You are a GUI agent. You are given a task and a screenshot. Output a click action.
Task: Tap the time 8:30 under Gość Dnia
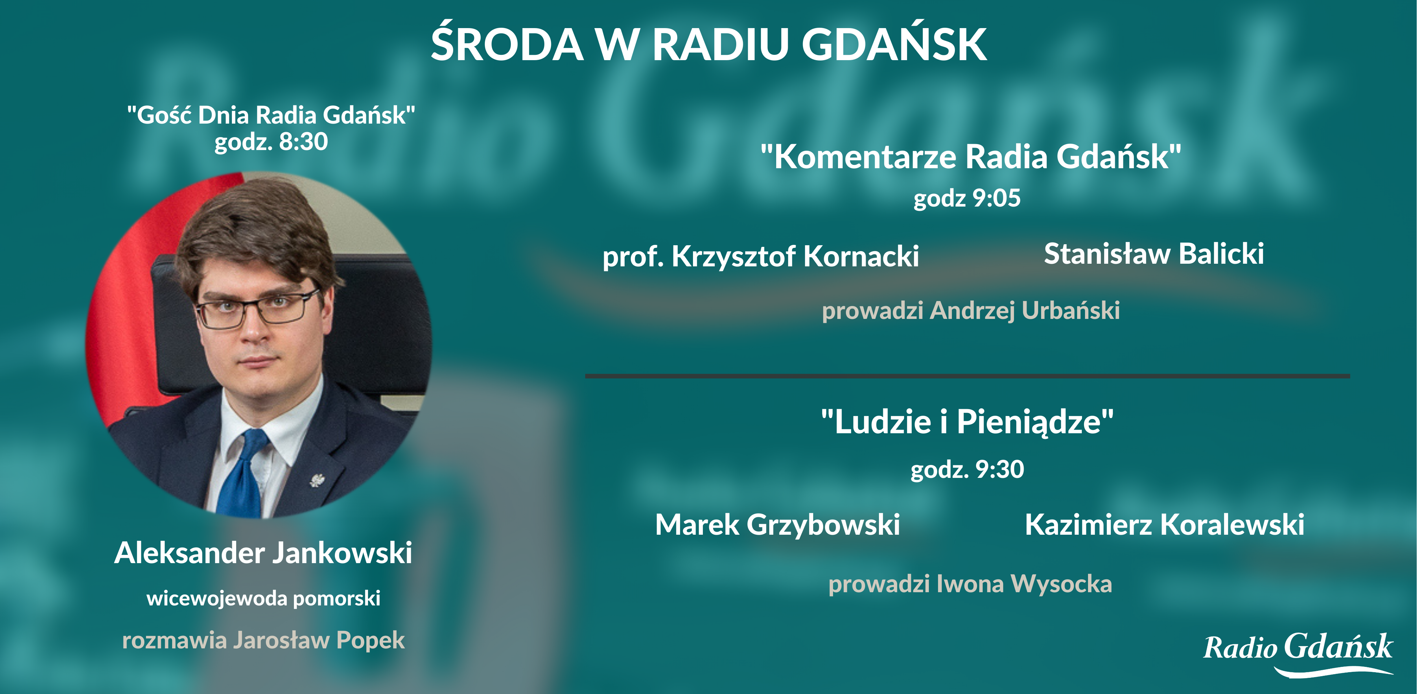pyautogui.click(x=304, y=141)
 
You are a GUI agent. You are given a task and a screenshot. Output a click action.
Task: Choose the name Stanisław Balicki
pyautogui.click(x=1154, y=254)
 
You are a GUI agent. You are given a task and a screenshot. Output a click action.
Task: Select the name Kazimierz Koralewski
pyautogui.click(x=1165, y=524)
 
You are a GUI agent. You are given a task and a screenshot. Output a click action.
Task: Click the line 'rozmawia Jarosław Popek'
pyautogui.click(x=264, y=640)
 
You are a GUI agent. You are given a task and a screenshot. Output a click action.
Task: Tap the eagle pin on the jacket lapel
pyautogui.click(x=317, y=480)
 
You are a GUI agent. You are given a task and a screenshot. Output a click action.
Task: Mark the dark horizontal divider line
pyautogui.click(x=967, y=376)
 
